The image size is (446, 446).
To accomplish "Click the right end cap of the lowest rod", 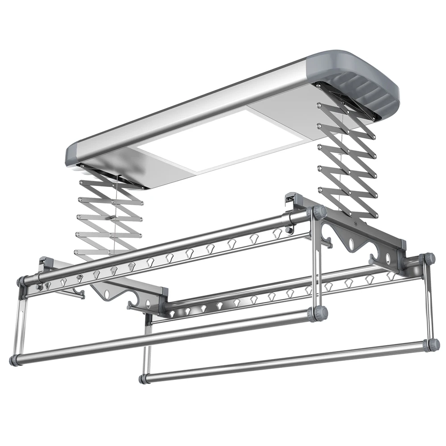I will [431, 344].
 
